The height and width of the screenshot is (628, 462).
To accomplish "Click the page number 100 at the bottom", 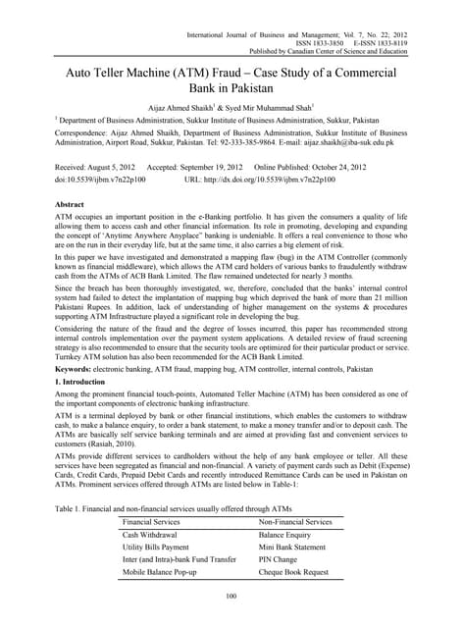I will [x=231, y=598].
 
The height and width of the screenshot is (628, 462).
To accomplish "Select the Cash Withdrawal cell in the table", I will [x=150, y=536].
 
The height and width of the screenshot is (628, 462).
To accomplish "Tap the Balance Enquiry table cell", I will [x=285, y=536].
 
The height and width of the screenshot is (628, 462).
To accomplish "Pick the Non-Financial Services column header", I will [x=297, y=523].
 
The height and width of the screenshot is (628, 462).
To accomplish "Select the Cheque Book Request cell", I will [x=294, y=571].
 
